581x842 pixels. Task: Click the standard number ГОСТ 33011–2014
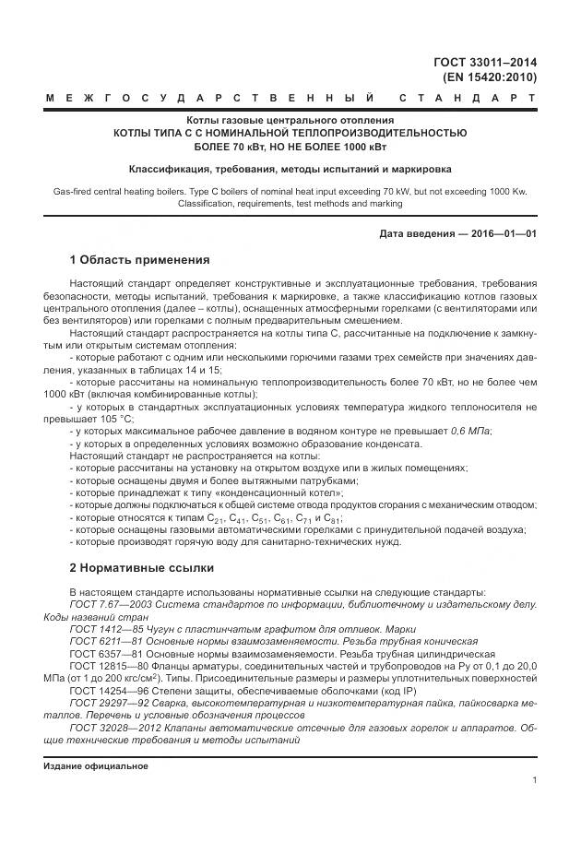point(485,63)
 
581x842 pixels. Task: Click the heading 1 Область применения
point(139,259)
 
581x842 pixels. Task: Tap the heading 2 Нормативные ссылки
point(141,566)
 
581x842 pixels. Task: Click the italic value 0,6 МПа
point(470,431)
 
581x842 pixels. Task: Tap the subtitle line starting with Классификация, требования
point(290,169)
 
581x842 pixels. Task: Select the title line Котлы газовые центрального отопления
point(290,120)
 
